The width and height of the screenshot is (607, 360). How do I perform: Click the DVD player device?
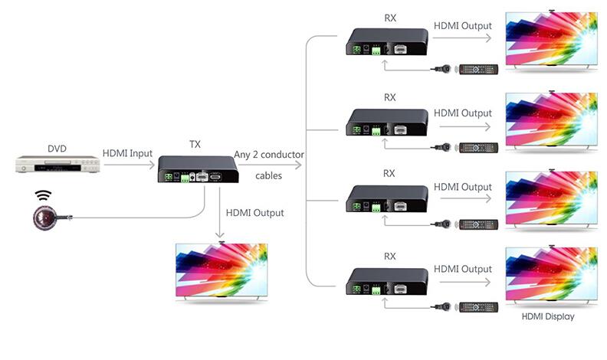click(x=57, y=165)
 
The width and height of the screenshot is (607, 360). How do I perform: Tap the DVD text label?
click(x=57, y=149)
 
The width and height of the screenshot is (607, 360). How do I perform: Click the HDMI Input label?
click(x=128, y=154)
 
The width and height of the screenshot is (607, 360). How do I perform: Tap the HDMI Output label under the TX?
click(x=255, y=212)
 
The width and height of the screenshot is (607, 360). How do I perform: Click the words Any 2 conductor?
click(x=269, y=155)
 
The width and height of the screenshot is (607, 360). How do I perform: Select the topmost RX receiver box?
click(x=388, y=43)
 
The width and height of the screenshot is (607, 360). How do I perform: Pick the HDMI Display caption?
click(x=547, y=316)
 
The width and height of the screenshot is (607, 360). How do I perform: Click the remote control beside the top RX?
click(x=478, y=70)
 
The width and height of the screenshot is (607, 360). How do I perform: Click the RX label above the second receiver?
click(x=389, y=97)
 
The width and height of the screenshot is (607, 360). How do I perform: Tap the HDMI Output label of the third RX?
click(x=462, y=187)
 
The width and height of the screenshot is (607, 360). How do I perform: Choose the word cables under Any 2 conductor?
click(x=268, y=175)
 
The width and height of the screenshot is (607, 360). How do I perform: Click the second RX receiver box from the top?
click(x=388, y=122)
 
